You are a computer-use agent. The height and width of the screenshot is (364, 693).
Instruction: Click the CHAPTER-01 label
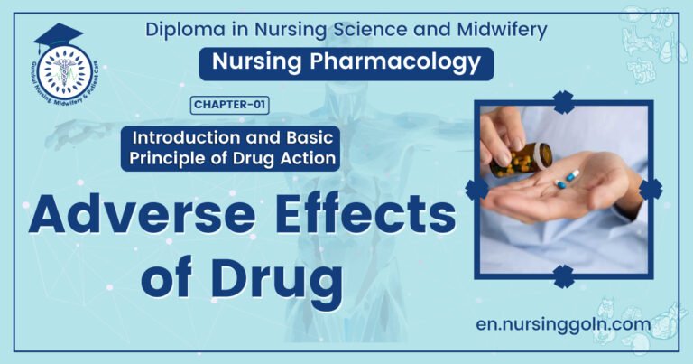point(229,106)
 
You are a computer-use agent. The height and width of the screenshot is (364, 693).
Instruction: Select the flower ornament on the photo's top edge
point(564,102)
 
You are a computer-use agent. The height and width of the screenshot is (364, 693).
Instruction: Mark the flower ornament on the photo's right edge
point(651,188)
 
